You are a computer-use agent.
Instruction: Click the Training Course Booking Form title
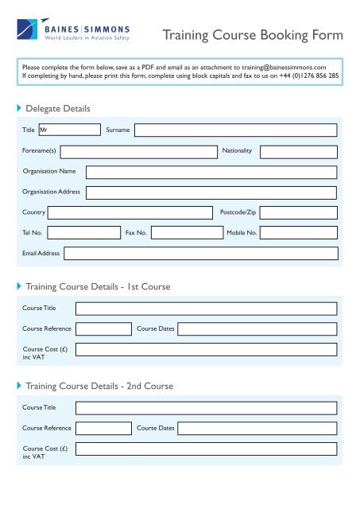(x=253, y=36)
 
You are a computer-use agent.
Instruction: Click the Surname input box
(x=235, y=130)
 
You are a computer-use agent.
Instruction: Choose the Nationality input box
(x=299, y=151)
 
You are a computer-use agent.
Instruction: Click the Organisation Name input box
(x=211, y=172)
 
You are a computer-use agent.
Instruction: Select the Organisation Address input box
(x=211, y=192)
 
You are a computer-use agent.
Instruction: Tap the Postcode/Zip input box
(x=299, y=212)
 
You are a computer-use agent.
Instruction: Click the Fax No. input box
(x=187, y=233)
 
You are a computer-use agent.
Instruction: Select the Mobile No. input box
(x=299, y=233)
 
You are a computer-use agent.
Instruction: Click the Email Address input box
(x=201, y=253)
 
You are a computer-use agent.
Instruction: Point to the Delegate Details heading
(x=57, y=107)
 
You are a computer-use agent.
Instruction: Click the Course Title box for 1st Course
(x=207, y=309)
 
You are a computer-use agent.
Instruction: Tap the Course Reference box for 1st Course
(x=103, y=328)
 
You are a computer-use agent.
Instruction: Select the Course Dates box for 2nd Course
(x=257, y=428)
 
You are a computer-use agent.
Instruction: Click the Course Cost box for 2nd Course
(x=207, y=450)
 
